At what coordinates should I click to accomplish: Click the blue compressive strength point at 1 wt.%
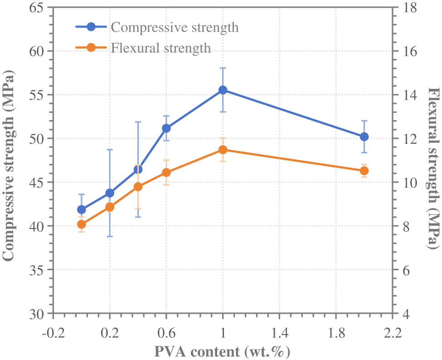coord(223,90)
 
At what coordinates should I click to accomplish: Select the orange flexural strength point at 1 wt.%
coord(223,150)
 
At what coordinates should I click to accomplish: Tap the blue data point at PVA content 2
coord(364,136)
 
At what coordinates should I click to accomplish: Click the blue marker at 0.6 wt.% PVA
coord(166,128)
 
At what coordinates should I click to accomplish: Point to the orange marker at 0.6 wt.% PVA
coord(166,172)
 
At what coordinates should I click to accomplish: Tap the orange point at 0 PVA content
coord(82,224)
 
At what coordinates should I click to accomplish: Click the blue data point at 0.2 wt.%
coord(110,193)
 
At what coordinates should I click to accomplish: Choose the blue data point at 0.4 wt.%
coord(138,169)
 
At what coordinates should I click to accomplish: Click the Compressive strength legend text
coord(175,27)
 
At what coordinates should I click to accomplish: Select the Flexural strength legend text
coord(161,48)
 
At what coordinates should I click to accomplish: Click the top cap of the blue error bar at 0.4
coord(138,122)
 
